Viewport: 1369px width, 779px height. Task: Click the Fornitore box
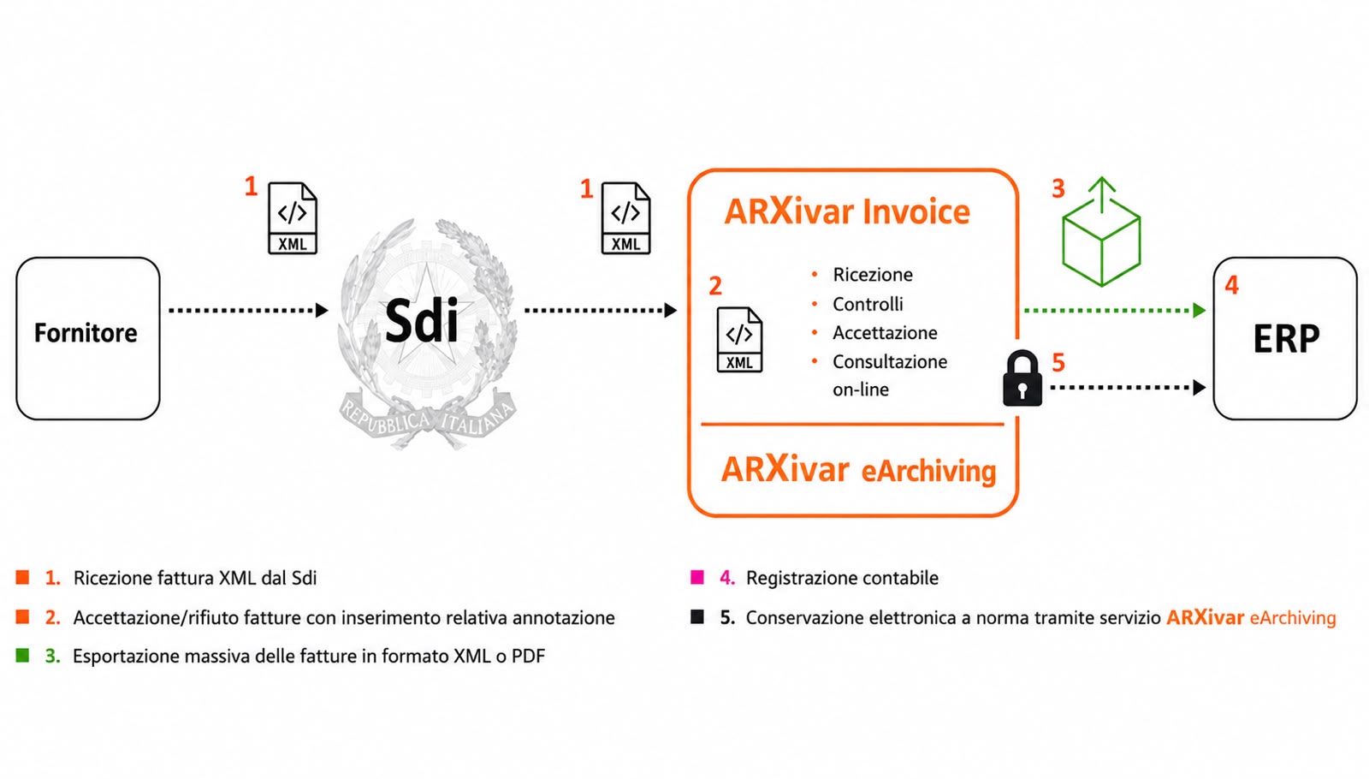88,338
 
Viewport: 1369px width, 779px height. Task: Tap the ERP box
1284,338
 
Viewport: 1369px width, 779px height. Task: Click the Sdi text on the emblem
422,321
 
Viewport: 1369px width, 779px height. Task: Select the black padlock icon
1022,378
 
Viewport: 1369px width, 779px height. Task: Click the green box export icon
1101,232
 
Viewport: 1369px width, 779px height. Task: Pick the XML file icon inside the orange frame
739,339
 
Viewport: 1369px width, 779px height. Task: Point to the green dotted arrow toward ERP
1115,311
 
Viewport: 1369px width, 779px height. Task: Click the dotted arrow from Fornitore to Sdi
248,311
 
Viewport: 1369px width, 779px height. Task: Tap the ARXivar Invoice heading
847,211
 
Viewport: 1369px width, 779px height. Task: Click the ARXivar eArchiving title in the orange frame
859,470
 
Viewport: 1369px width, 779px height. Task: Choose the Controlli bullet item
868,304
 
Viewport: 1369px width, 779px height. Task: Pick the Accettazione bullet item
885,333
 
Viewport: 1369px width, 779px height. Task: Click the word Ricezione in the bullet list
873,275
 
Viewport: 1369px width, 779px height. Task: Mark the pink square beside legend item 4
697,577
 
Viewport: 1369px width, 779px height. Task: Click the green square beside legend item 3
22,656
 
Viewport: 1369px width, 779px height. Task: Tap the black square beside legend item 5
697,616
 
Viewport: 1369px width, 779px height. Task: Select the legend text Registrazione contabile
842,578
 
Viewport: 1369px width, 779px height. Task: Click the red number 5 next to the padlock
1058,363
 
